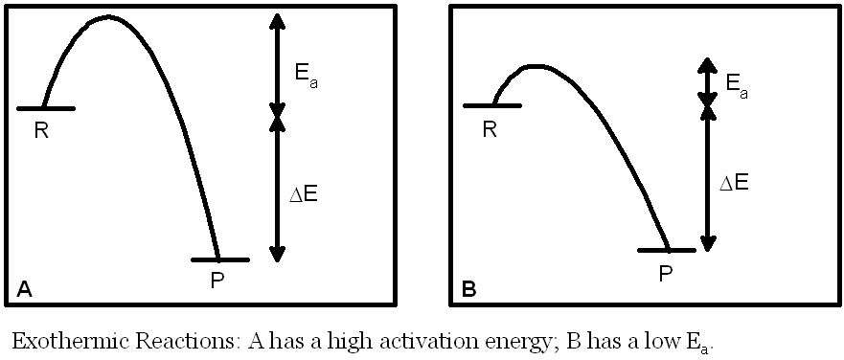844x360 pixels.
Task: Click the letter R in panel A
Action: [x=41, y=131]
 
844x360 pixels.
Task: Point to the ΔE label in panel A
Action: [x=304, y=193]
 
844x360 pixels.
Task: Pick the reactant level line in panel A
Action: [x=45, y=108]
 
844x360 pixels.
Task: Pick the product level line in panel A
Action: [x=219, y=259]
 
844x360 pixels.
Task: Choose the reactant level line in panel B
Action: [x=491, y=104]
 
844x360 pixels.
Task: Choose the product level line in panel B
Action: [x=667, y=250]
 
